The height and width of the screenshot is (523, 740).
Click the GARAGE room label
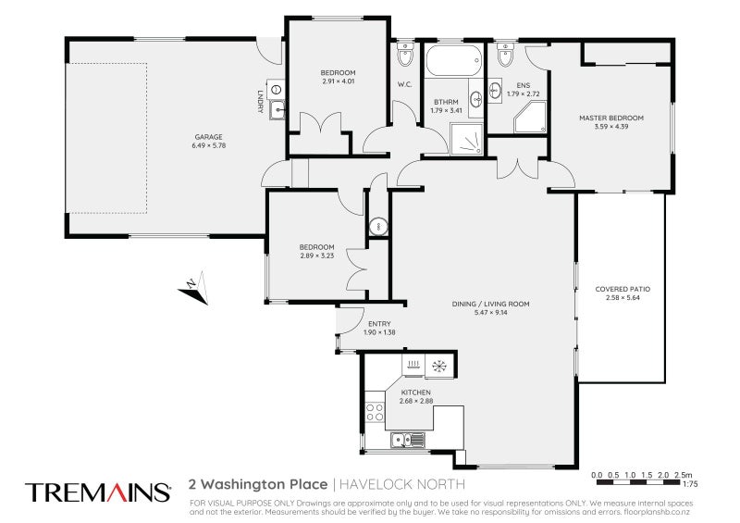[x=208, y=137]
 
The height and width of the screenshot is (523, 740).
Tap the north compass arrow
[x=193, y=288]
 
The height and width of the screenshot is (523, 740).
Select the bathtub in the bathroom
[x=453, y=60]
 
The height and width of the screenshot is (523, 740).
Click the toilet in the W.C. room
[x=404, y=55]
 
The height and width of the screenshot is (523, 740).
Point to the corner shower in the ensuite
[x=530, y=118]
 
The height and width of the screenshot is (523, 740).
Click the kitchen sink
[x=408, y=441]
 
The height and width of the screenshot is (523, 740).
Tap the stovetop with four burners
[x=375, y=412]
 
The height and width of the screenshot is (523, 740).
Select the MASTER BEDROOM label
[x=611, y=118]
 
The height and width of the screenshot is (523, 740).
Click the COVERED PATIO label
[x=623, y=289]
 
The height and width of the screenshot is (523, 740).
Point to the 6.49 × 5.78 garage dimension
[x=209, y=145]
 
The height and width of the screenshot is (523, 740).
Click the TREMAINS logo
[x=98, y=492]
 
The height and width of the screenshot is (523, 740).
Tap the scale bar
[x=639, y=482]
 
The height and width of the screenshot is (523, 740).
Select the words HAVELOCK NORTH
[x=402, y=484]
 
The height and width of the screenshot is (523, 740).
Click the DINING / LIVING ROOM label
[x=491, y=304]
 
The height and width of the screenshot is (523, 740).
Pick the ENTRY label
[x=379, y=324]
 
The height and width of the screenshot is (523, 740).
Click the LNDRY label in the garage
[x=260, y=101]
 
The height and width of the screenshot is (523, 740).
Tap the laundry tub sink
[x=277, y=110]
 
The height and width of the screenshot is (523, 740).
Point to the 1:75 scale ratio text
[x=690, y=484]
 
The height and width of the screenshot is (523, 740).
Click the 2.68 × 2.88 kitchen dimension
[x=416, y=401]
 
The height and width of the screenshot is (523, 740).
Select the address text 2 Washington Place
[x=258, y=484]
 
